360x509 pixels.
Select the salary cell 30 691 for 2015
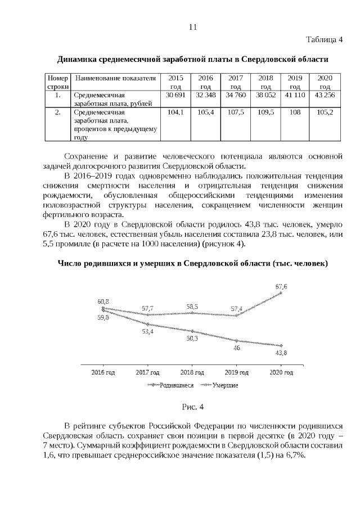(x=176, y=96)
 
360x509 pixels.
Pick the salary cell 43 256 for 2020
(x=325, y=96)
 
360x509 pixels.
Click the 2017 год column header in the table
(x=236, y=82)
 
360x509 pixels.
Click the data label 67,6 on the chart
(x=281, y=286)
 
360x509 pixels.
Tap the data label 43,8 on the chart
(x=281, y=353)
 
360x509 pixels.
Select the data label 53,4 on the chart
(x=148, y=331)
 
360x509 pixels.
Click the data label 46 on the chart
(x=237, y=348)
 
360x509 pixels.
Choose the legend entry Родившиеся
(x=177, y=385)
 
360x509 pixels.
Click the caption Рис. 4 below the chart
(x=192, y=406)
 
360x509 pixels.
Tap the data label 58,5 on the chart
(x=192, y=306)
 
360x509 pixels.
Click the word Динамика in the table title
(x=78, y=59)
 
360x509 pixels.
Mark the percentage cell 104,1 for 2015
(x=176, y=112)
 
